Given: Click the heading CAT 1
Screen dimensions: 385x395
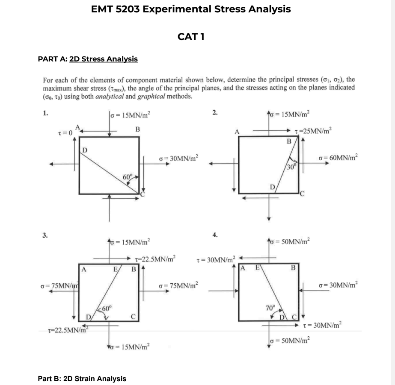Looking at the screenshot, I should pos(191,36).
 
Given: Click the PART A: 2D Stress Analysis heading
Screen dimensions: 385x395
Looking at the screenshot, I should pos(88,59).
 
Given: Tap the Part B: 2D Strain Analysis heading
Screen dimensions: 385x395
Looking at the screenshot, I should pos(82,378).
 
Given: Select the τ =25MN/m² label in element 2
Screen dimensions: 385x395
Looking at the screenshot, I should pos(315,129).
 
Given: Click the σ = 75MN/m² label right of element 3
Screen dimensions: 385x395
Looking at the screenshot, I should pos(178,284).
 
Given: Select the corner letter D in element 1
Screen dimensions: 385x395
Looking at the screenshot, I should pos(84,149).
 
